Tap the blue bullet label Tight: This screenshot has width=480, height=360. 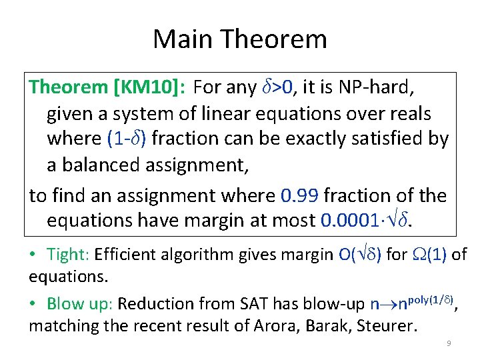point(69,254)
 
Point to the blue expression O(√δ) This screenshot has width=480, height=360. point(355,254)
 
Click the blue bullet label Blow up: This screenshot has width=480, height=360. point(81,303)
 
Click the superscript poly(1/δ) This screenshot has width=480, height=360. point(427,299)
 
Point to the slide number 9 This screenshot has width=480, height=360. point(449,344)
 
